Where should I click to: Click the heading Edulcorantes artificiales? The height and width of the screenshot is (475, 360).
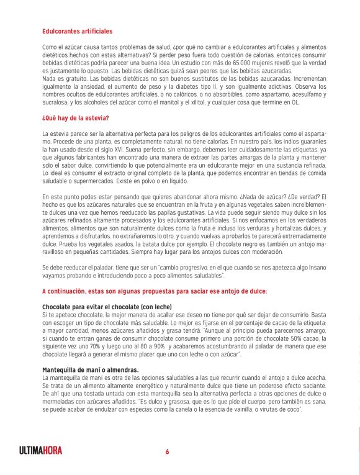point(78,31)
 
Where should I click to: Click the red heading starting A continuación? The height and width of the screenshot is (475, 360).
point(155,291)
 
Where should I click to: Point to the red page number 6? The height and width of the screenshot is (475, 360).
point(167,451)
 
